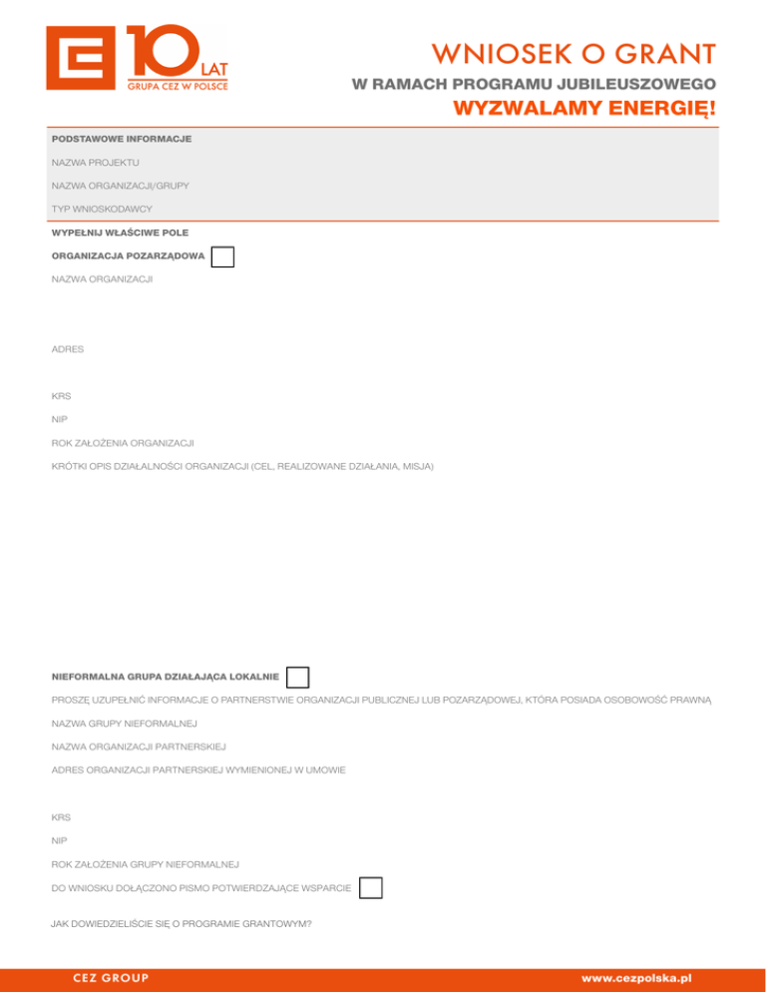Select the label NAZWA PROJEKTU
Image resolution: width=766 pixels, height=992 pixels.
click(x=96, y=162)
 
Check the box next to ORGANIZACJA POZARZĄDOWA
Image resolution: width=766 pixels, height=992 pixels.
click(x=222, y=256)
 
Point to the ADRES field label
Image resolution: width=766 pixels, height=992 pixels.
click(x=68, y=349)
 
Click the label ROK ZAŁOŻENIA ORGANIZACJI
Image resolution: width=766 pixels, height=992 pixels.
click(x=122, y=441)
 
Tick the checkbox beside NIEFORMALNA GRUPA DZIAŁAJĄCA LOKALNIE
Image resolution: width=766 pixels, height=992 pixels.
click(x=297, y=678)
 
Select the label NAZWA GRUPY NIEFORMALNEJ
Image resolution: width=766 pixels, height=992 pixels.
click(x=124, y=723)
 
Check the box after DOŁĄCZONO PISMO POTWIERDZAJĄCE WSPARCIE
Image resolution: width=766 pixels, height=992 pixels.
click(x=370, y=887)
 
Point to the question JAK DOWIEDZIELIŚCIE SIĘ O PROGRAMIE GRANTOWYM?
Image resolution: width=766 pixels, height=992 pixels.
click(x=181, y=924)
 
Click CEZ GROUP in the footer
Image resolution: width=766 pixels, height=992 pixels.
click(x=111, y=978)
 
